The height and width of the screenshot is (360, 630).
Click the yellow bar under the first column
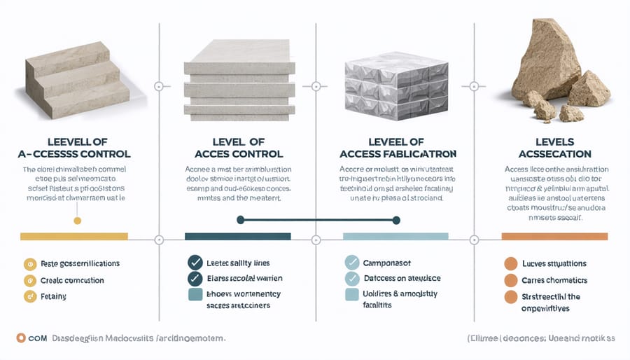(74, 237)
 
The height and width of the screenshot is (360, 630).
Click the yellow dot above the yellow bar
(77, 221)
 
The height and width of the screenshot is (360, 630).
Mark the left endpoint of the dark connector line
(240, 220)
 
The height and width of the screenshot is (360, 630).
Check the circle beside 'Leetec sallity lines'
(195, 263)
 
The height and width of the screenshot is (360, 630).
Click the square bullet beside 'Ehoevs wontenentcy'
(195, 296)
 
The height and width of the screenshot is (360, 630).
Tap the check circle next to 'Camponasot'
(352, 263)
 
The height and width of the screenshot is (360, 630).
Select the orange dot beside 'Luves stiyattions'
(511, 265)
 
